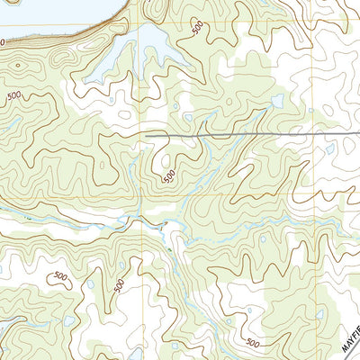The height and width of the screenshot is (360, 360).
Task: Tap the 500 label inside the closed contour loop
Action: [60, 276]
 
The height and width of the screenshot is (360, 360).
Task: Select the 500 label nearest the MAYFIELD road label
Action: [254, 342]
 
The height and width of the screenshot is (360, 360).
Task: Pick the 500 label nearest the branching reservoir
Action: [197, 29]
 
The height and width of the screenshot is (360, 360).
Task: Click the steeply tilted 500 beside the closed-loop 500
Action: [120, 284]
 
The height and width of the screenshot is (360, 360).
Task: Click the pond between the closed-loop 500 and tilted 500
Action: [90, 284]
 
